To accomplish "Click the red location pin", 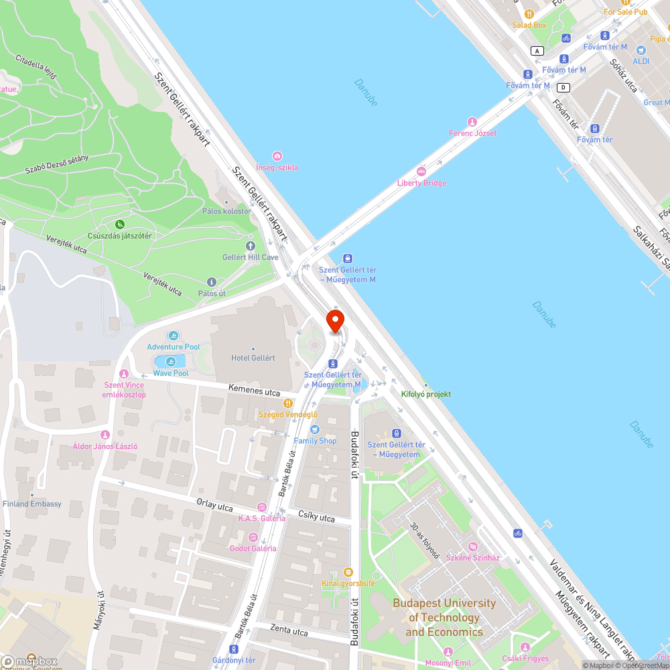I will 334,320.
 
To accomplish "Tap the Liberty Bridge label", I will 421,183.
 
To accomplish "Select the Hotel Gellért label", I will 253,358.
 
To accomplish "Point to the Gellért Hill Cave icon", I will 251,247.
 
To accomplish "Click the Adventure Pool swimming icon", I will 174,336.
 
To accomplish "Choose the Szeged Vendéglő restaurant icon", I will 288,403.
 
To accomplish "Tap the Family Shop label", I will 315,440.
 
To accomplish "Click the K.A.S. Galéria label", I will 262,518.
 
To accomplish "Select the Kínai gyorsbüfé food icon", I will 347,572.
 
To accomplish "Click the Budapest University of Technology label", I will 444,617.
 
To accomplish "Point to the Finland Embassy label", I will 32,504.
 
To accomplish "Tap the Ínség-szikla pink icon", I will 277,156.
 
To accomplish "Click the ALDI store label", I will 641,61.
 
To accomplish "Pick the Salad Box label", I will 529,25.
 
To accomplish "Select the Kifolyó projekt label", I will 425,395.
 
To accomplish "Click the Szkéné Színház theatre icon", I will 473,547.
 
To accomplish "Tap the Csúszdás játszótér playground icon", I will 120,224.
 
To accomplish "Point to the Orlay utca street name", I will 214,505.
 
